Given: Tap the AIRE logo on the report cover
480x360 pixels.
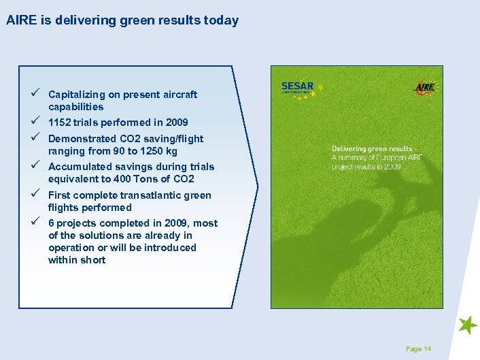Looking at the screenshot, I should point(425,88).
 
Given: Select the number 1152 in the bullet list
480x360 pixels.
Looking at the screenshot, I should point(61,122).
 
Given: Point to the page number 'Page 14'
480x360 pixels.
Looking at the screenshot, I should point(418,349).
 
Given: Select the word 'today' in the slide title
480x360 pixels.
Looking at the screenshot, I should point(222,20).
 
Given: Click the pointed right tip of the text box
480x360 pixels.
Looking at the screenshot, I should point(258,185).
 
